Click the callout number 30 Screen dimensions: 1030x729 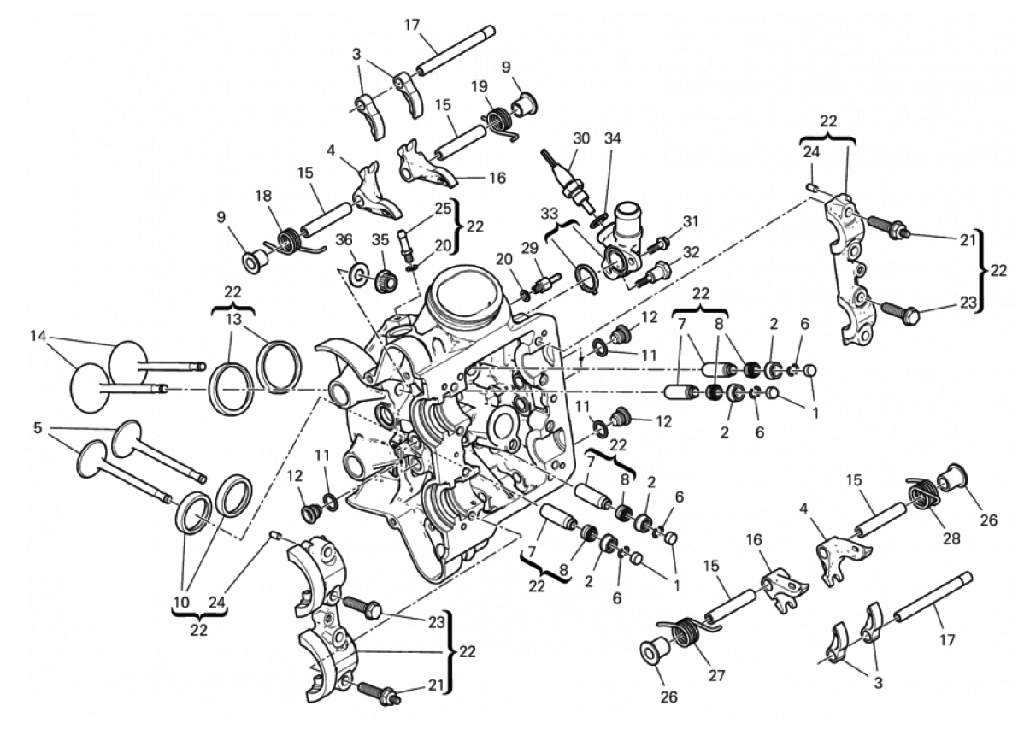click(x=581, y=138)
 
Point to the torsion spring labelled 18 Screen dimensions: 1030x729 click(x=289, y=243)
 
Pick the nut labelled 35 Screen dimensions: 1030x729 click(x=386, y=279)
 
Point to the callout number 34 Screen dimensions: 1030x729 click(x=613, y=138)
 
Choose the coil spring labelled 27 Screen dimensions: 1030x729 click(x=686, y=630)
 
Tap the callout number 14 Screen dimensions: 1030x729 click(x=38, y=337)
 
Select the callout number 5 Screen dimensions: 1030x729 click(x=38, y=428)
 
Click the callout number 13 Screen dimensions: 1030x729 click(x=233, y=319)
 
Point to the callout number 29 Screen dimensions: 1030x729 click(x=530, y=248)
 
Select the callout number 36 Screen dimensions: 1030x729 click(x=344, y=240)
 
